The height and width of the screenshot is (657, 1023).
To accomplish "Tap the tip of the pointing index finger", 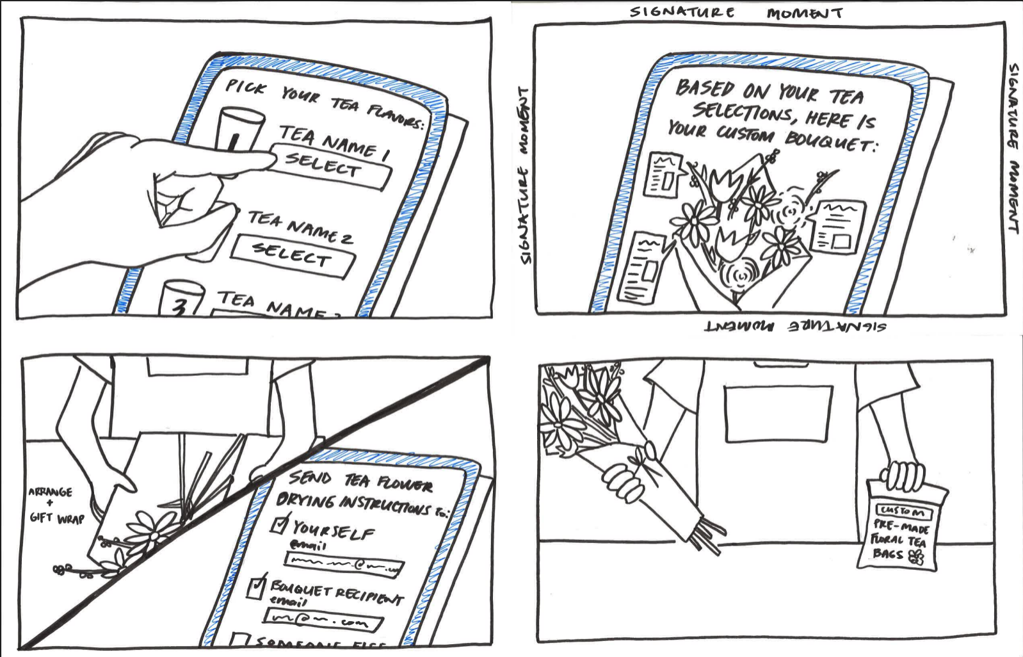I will [x=269, y=157].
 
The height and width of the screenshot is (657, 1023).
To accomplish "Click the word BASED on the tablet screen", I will [x=705, y=88].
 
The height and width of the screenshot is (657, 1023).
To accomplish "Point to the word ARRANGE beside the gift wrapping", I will [x=50, y=492].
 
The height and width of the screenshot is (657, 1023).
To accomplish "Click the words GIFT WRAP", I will [x=56, y=518].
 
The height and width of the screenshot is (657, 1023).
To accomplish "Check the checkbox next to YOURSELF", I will [x=280, y=524].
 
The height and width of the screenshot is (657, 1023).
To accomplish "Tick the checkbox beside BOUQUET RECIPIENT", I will [x=256, y=587].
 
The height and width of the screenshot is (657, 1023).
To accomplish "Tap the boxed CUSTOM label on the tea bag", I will [x=903, y=511].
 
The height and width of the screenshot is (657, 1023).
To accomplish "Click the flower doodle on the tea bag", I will [x=917, y=556].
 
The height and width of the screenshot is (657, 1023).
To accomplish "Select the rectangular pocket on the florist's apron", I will [x=778, y=413].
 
